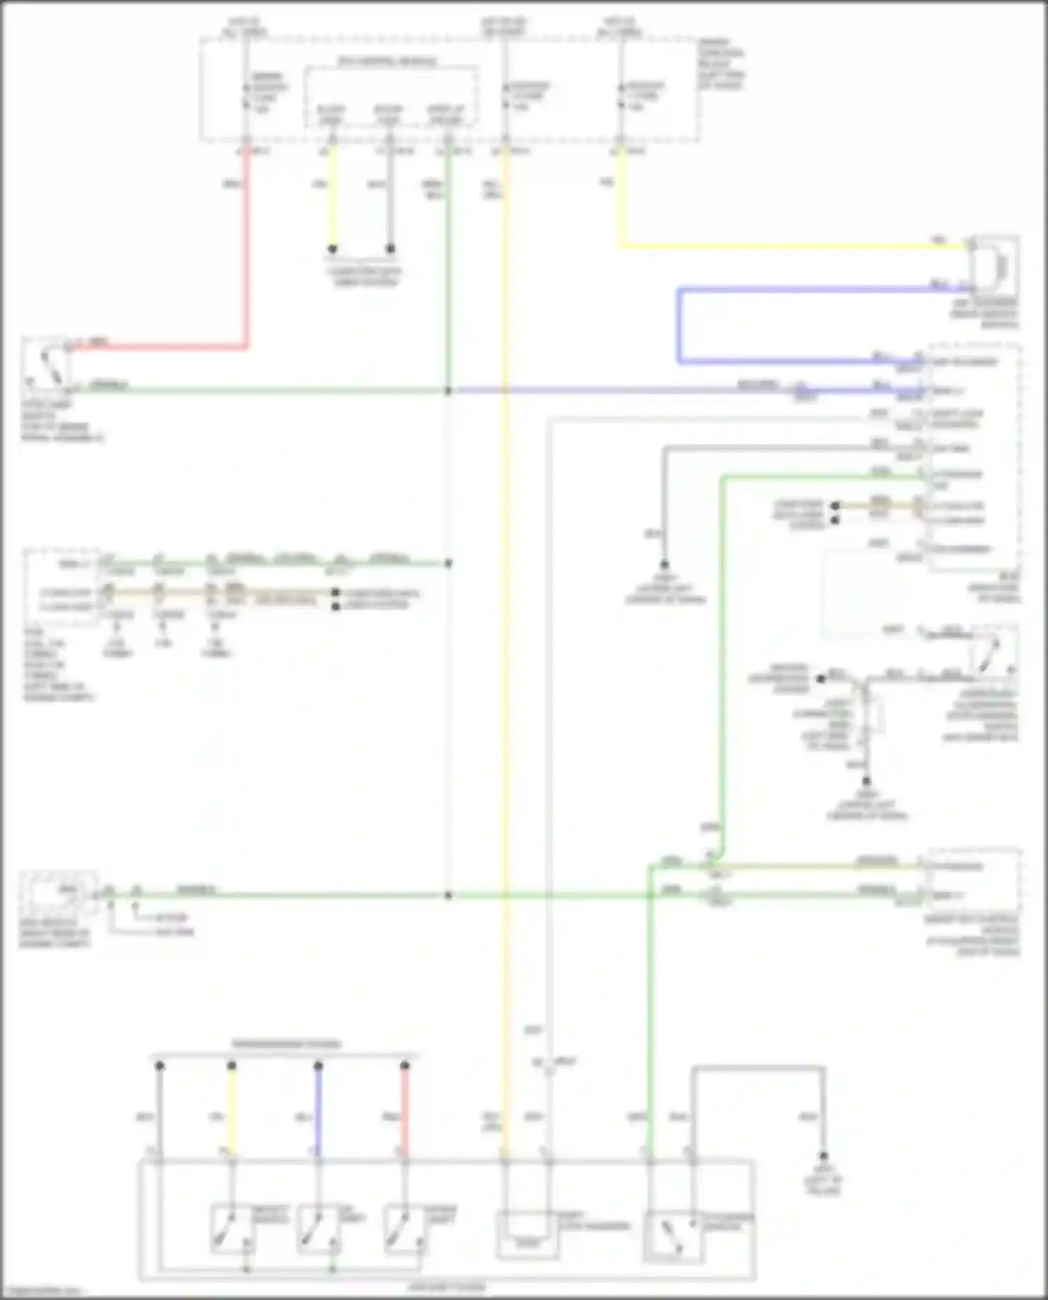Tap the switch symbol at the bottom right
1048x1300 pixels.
tap(672, 1236)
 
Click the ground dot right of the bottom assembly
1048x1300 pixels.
tap(823, 1156)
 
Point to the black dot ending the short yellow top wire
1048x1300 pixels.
tap(333, 249)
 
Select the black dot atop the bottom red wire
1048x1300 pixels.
tap(405, 1066)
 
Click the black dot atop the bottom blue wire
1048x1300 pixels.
tap(318, 1066)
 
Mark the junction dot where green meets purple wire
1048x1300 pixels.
tap(449, 390)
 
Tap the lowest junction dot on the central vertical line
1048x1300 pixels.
tap(449, 895)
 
